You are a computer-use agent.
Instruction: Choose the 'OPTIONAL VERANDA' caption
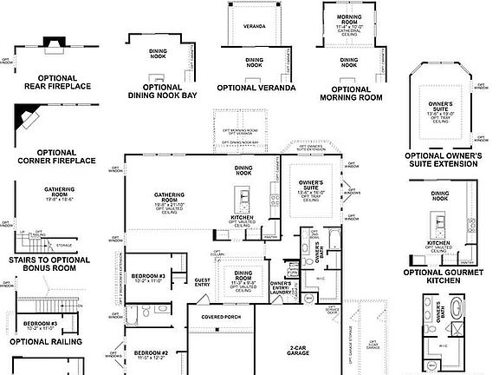(x=256, y=88)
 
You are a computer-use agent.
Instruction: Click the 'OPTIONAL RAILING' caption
(x=46, y=342)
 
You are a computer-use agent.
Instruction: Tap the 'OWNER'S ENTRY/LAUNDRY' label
(x=280, y=289)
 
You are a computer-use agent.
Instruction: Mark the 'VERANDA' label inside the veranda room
(x=254, y=26)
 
